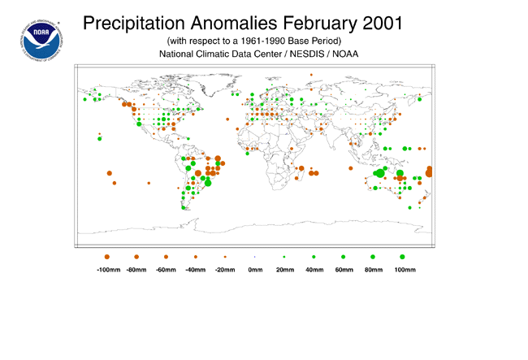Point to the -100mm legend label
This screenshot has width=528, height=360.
pos(108,268)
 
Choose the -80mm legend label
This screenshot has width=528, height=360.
pos(137,268)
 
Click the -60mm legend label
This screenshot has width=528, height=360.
pos(166,268)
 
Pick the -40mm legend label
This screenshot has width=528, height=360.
pos(196,268)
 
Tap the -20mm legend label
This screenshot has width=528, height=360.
pos(225,268)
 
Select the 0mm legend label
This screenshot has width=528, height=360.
pos(254,268)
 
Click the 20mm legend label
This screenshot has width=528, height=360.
pos(284,268)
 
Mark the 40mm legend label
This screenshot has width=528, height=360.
pos(314,268)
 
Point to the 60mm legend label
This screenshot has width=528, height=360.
pos(344,268)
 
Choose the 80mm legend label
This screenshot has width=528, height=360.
pos(373,268)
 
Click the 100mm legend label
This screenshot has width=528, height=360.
pos(403,268)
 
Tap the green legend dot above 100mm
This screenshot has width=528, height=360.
pos(402,257)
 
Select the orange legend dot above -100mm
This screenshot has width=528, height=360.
pos(107,257)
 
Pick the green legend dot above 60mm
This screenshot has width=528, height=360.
pos(343,257)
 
